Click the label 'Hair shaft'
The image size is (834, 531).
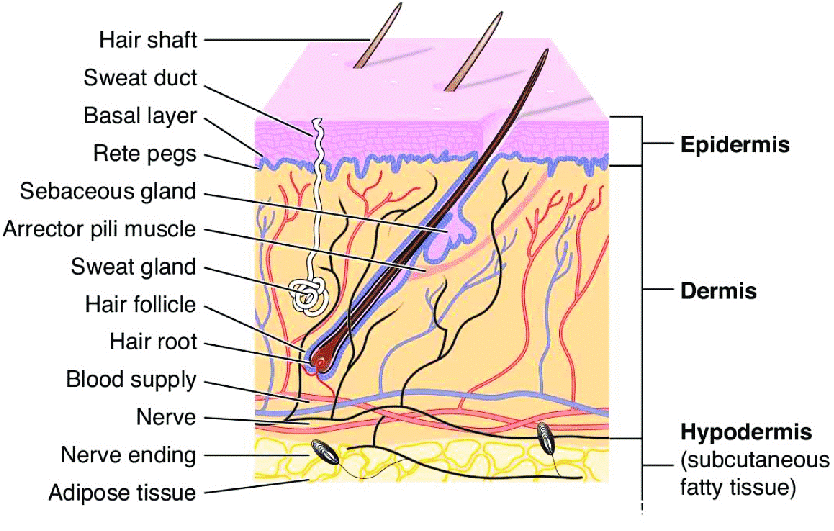click(148, 40)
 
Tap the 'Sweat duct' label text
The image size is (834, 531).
click(140, 78)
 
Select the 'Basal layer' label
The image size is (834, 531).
click(140, 116)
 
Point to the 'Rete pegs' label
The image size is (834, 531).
click(145, 154)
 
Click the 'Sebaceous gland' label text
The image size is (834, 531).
click(108, 192)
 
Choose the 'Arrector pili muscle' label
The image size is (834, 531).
click(99, 229)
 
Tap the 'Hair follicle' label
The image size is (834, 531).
click(141, 305)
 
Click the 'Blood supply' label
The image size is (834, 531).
click(131, 380)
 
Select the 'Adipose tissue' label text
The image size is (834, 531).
click(122, 493)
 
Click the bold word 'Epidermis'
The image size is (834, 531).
click(735, 145)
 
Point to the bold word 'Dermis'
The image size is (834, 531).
click(719, 291)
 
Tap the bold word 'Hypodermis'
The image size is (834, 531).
click(746, 432)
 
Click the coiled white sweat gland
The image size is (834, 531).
click(307, 293)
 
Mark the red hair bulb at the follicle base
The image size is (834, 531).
click(321, 361)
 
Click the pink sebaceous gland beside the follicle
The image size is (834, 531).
click(450, 236)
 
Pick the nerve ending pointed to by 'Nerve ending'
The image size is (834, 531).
click(324, 452)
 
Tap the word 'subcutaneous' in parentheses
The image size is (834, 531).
click(755, 461)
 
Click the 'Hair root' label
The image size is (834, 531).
click(153, 342)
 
